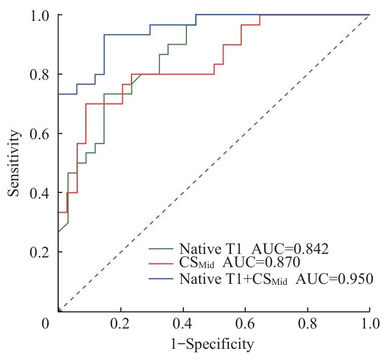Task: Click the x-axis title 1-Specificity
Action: tap(213, 345)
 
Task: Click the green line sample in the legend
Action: tap(161, 249)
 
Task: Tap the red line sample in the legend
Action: tap(161, 264)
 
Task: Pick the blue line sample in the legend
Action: tap(161, 278)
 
